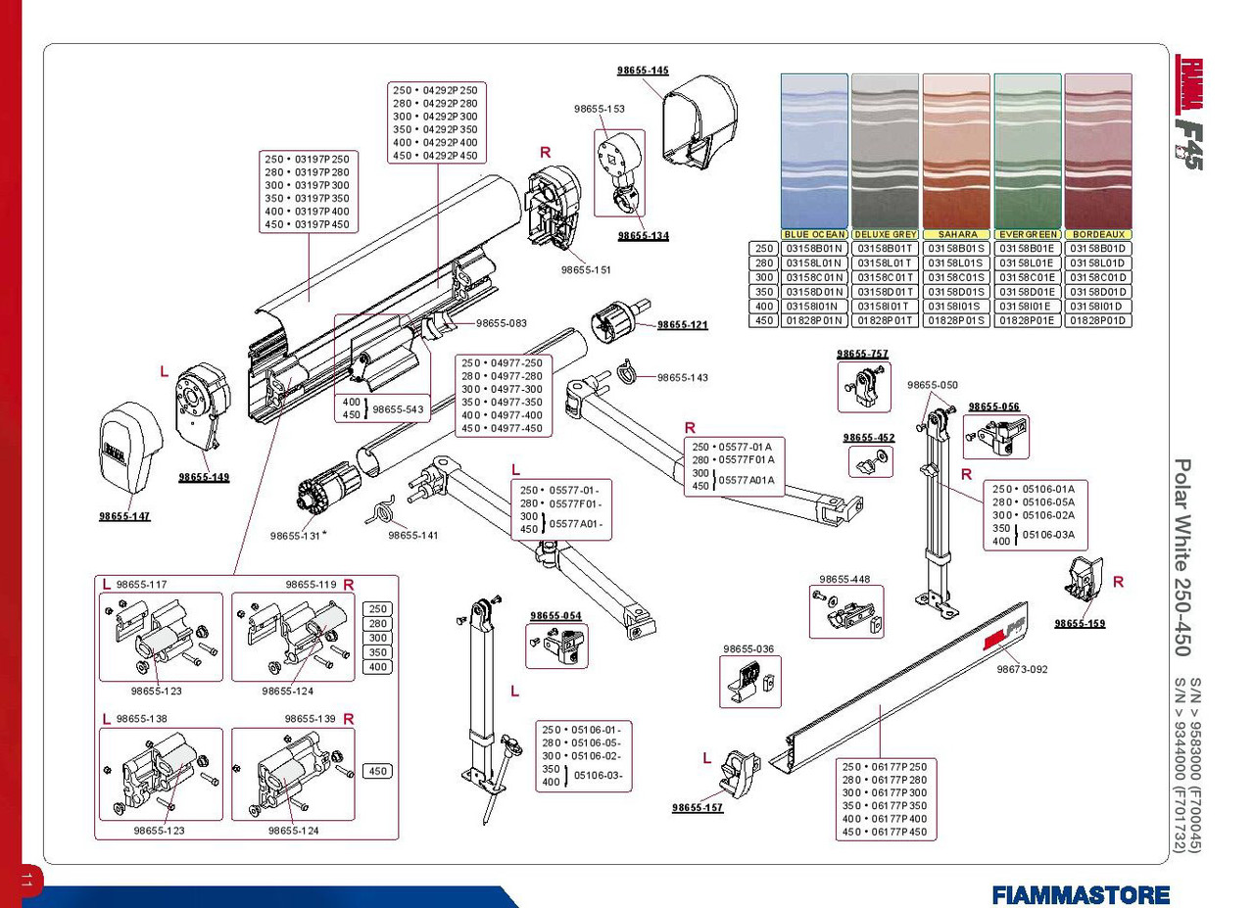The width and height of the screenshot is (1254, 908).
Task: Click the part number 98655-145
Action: pos(643,71)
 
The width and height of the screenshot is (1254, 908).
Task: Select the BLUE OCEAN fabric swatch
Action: pos(814,151)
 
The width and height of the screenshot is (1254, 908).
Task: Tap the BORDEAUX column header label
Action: pos(1097,235)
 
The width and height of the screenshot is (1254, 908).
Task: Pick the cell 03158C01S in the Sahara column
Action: pos(956,277)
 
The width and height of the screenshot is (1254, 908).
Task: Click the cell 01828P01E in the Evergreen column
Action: pos(1027,320)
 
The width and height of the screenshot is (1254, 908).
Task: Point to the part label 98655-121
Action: pos(682,325)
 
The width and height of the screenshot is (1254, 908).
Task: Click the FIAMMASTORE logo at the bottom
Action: pos(1081,894)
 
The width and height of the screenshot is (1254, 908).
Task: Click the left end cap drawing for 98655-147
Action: pos(127,452)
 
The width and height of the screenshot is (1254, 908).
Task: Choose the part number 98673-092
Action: pos(1022,670)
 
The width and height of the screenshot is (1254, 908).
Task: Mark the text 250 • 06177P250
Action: pos(883,766)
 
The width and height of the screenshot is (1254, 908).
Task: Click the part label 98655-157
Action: pos(698,808)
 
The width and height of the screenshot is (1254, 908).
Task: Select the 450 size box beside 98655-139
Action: pos(378,772)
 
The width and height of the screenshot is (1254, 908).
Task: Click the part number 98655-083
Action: pos(502,323)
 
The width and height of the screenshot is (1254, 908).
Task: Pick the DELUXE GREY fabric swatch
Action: pos(885,151)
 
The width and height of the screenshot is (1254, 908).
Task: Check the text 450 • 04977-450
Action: pos(502,429)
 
